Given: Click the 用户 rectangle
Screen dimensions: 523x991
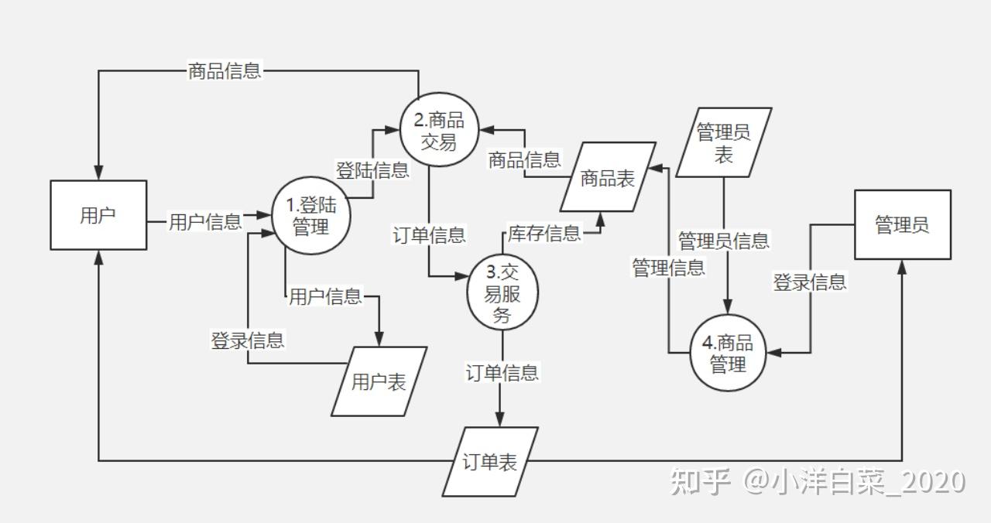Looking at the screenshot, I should [98, 215].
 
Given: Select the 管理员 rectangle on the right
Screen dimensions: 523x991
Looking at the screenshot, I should [902, 224].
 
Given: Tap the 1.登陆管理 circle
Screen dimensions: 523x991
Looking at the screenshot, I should [310, 216].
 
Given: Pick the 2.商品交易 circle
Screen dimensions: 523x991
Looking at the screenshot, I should [438, 131].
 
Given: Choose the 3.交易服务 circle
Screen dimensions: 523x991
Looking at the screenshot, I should [502, 294].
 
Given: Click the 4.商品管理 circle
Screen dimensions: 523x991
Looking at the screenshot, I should [728, 353].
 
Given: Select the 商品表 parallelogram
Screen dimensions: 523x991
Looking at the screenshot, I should [608, 177].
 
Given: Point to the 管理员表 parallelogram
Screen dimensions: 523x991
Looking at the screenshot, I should [724, 142].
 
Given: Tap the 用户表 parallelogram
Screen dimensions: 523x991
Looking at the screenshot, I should [379, 381].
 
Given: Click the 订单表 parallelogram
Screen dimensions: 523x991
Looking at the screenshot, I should [490, 462].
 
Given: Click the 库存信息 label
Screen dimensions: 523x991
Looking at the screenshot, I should [544, 233].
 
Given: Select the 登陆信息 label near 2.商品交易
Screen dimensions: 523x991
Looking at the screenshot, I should [372, 169].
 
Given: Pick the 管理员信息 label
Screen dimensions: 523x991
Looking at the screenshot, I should [724, 241].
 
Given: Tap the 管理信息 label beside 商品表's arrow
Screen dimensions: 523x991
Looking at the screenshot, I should [668, 268].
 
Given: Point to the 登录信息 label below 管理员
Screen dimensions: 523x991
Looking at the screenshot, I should [810, 282].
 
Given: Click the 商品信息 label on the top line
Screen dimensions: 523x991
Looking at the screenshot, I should [225, 71].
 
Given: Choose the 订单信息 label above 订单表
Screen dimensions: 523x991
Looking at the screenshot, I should [502, 373].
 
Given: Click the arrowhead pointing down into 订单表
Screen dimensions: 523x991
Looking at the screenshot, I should [499, 419].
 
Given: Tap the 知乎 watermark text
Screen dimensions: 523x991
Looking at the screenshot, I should [701, 481].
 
